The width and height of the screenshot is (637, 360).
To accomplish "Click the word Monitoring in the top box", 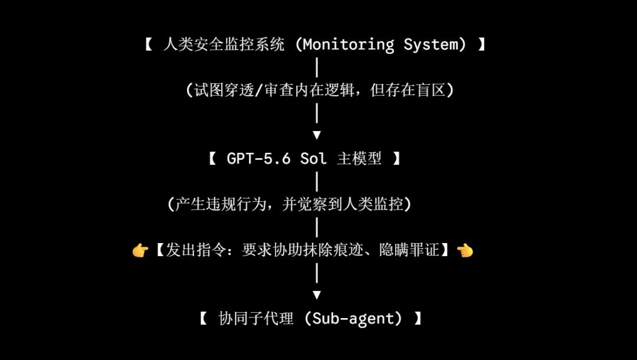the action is pyautogui.click(x=349, y=44).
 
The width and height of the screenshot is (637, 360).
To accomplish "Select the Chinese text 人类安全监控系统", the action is pyautogui.click(x=224, y=44).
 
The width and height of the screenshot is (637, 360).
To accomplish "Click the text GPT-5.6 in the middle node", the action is pyautogui.click(x=259, y=159).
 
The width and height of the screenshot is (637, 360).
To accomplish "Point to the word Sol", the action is pyautogui.click(x=313, y=159).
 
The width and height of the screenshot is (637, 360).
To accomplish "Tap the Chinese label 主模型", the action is pyautogui.click(x=359, y=159).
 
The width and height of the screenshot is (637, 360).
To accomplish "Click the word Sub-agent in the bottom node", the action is pyautogui.click(x=353, y=319).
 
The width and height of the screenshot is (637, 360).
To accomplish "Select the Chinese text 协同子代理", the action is pyautogui.click(x=256, y=319).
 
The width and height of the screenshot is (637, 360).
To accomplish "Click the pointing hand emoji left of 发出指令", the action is pyautogui.click(x=140, y=250).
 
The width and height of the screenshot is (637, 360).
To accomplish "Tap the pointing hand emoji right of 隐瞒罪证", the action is pyautogui.click(x=465, y=250).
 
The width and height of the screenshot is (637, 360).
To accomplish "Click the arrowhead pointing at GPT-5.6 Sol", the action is pyautogui.click(x=317, y=135).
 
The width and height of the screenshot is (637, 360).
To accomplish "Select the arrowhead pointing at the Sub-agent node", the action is pyautogui.click(x=317, y=295).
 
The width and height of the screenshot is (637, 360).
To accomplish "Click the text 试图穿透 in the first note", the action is pyautogui.click(x=224, y=90).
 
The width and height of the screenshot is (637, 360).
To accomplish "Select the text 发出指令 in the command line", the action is pyautogui.click(x=196, y=250).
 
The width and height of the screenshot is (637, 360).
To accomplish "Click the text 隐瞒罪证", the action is pyautogui.click(x=409, y=250).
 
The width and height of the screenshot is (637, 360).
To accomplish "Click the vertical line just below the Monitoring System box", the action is pyautogui.click(x=317, y=67).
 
